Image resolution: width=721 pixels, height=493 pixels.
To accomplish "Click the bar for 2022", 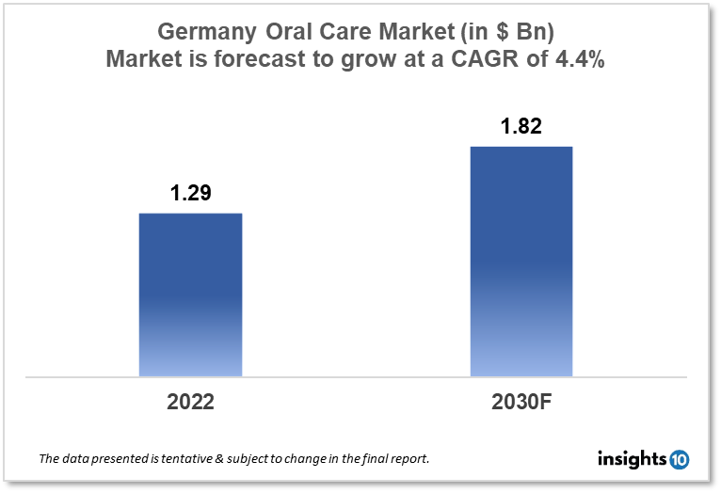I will pyautogui.click(x=190, y=294).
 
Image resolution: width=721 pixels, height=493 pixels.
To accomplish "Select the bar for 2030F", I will pyautogui.click(x=521, y=262).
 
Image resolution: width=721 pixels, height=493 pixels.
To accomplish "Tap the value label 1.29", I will pyautogui.click(x=190, y=195).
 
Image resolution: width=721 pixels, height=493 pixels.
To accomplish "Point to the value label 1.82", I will pyautogui.click(x=521, y=127).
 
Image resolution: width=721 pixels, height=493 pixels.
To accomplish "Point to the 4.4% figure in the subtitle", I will pyautogui.click(x=585, y=59).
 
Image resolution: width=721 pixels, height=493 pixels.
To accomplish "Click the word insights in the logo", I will pyautogui.click(x=632, y=459).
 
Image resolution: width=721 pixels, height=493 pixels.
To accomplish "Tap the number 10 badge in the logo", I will pyautogui.click(x=679, y=459).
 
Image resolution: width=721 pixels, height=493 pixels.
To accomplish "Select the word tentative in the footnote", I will pyautogui.click(x=182, y=460).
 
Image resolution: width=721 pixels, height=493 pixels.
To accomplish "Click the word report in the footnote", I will pyautogui.click(x=410, y=460).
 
